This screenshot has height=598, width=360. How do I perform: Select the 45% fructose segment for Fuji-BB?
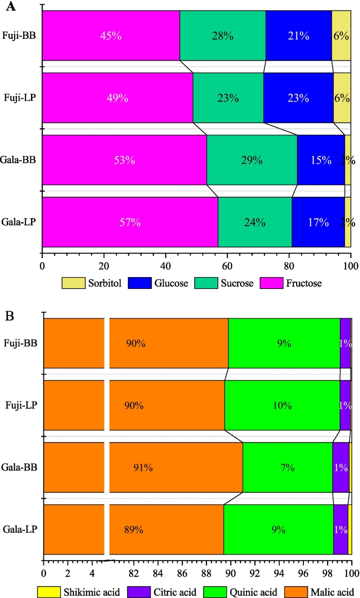pyautogui.click(x=111, y=36)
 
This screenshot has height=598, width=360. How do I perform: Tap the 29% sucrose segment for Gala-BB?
pyautogui.click(x=252, y=160)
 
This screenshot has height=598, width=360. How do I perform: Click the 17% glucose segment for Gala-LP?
pyautogui.click(x=318, y=222)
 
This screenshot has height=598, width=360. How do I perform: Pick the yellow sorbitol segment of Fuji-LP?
pyautogui.click(x=342, y=98)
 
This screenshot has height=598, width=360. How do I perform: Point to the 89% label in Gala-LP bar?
pyautogui.click(x=134, y=530)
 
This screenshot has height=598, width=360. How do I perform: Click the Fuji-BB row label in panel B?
pyautogui.click(x=21, y=343)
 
